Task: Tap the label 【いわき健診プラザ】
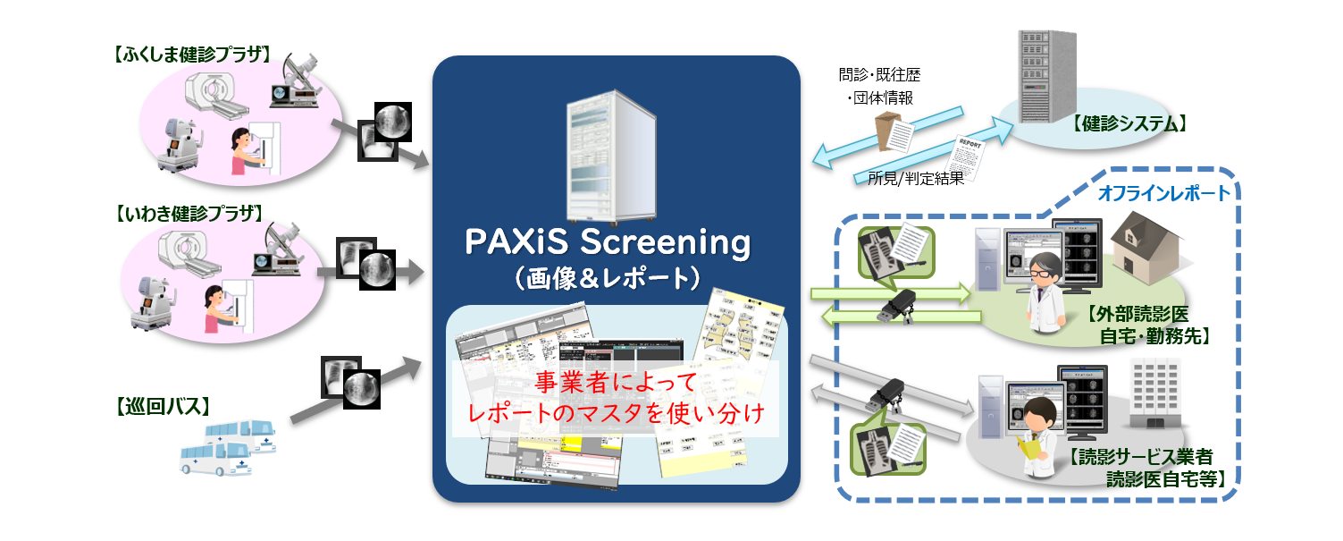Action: pyautogui.click(x=189, y=213)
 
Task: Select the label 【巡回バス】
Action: pyautogui.click(x=164, y=407)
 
